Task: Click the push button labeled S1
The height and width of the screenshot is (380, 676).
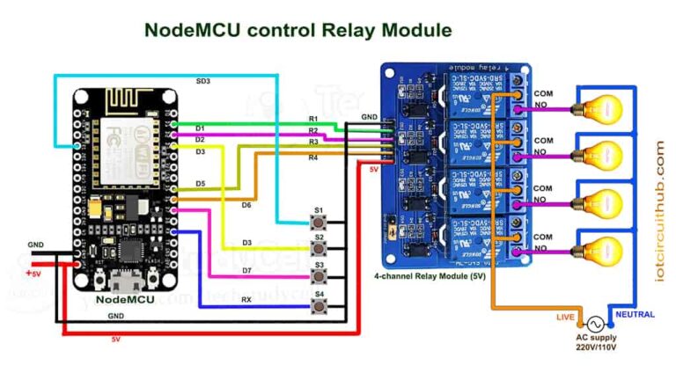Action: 319,222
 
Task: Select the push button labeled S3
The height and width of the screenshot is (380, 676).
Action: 319,276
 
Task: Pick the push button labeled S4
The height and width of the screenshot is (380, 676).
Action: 319,305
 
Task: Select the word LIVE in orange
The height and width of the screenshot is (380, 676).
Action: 566,315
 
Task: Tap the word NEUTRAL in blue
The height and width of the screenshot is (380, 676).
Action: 635,314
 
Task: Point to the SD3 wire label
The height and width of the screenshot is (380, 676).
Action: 203,82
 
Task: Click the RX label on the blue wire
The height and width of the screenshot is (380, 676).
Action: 246,298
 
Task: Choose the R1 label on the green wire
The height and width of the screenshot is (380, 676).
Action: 313,119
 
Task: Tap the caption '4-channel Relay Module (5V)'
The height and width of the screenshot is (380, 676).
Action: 430,276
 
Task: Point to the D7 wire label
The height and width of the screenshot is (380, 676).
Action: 247,269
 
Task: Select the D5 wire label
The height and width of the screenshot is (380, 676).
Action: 201,184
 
